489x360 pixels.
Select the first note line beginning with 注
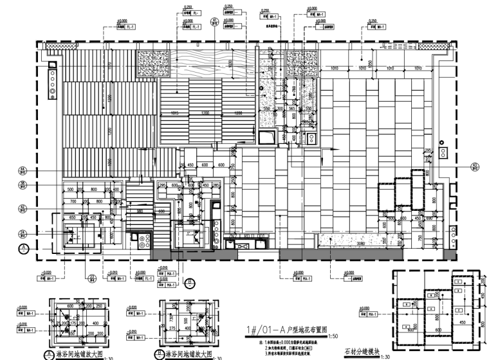(283, 345)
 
